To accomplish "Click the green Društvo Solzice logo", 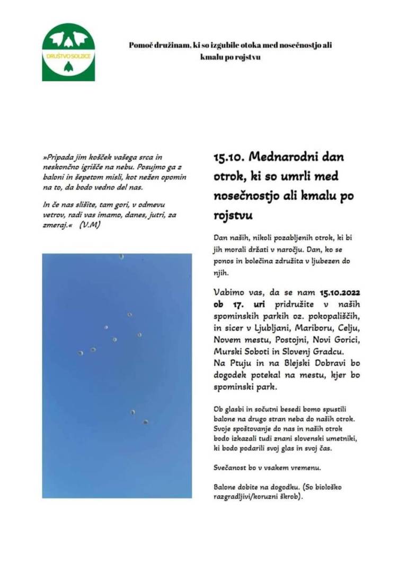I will (68, 52).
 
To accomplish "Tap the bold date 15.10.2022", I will (342, 292).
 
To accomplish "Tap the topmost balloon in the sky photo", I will (121, 256).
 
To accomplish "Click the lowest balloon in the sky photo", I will (145, 422).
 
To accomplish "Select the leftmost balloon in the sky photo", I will (81, 353).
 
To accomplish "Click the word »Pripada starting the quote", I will (61, 158).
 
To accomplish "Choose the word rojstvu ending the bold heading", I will (231, 217).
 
